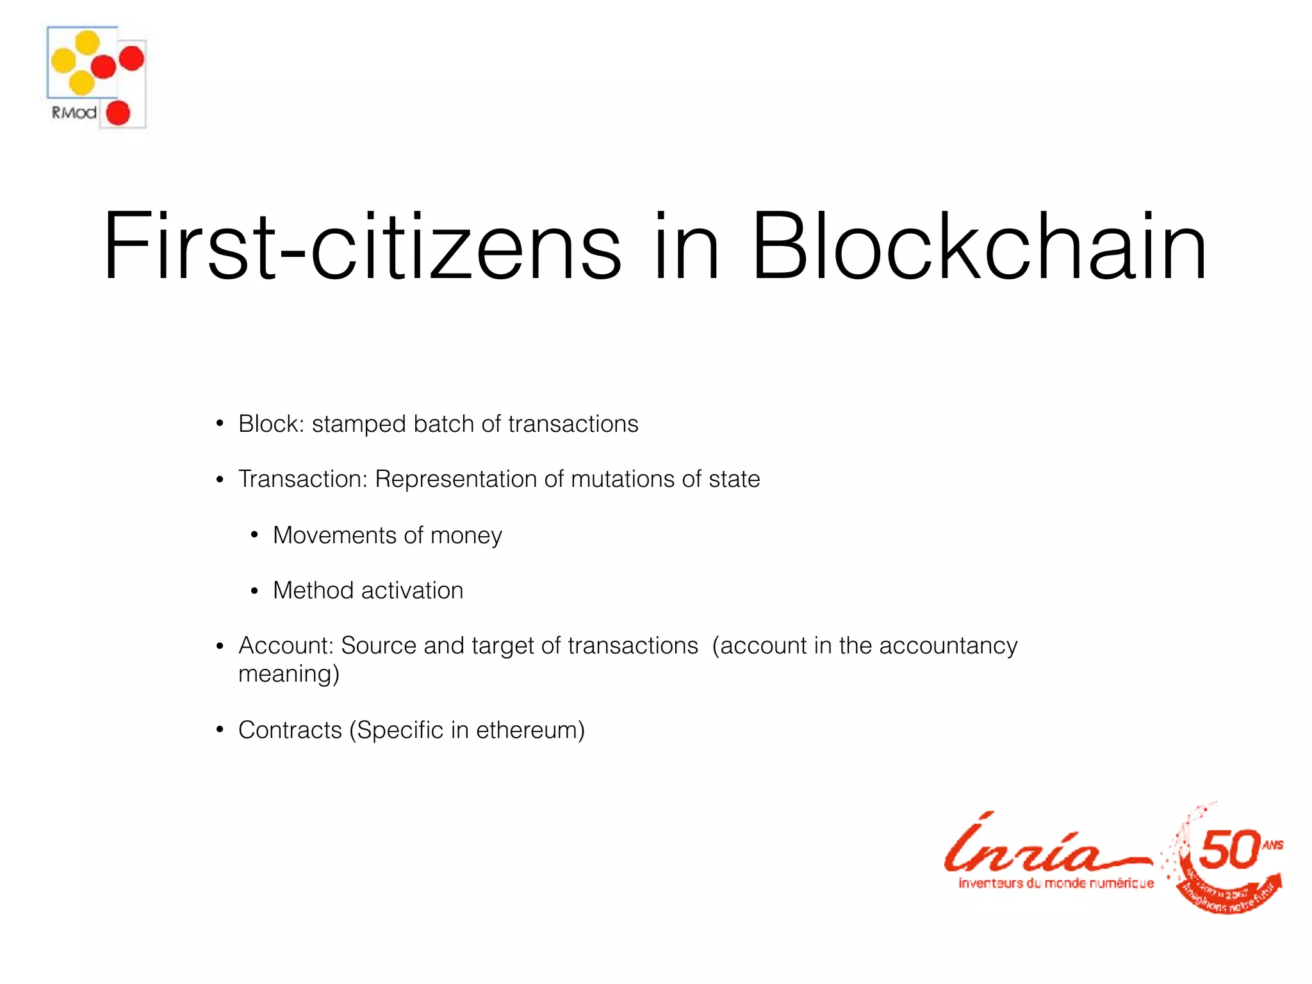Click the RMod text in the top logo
point(74,113)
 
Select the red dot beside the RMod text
point(118,113)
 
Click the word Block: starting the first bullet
point(271,424)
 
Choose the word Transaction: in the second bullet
point(302,479)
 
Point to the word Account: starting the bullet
point(286,646)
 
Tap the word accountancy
point(948,646)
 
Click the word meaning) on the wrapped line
point(288,674)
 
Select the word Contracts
point(290,730)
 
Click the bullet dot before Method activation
point(254,591)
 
